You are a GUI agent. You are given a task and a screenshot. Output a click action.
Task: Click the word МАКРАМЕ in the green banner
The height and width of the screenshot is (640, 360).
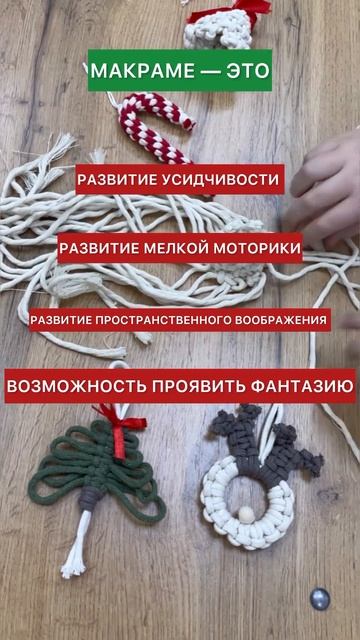[x=143, y=71]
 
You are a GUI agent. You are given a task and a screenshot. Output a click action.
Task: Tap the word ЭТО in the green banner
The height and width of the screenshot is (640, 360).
[x=248, y=71]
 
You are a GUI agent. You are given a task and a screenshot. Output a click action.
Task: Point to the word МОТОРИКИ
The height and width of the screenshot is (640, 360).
[x=251, y=248]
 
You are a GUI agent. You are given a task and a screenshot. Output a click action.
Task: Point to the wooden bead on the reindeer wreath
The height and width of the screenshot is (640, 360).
[x=246, y=512]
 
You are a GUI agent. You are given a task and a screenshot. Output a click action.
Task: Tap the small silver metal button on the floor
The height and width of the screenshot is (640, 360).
[x=319, y=599]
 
